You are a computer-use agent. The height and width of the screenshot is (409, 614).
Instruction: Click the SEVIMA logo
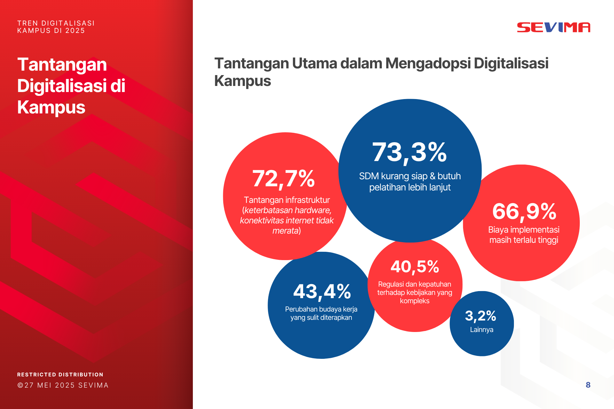554,27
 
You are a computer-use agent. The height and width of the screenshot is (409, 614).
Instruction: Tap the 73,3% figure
409,152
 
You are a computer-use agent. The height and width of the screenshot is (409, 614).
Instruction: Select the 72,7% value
283,179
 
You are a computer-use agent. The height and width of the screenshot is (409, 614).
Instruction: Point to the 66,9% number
524,212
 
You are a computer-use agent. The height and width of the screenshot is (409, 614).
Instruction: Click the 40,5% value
415,267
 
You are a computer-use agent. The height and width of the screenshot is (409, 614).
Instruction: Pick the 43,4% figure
322,292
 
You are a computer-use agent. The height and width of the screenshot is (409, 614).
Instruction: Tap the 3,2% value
480,316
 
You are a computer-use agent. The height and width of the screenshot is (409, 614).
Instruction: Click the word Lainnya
482,330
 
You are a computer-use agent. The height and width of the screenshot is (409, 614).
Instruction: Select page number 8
588,385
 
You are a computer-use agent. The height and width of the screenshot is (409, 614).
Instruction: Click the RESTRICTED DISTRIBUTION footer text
60,374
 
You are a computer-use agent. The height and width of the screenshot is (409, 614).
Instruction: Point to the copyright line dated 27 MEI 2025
63,385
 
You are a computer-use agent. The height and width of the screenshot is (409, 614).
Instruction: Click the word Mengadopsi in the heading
428,63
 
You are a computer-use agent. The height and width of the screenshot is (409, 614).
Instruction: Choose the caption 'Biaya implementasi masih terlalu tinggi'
523,235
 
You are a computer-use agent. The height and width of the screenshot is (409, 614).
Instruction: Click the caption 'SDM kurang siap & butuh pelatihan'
410,181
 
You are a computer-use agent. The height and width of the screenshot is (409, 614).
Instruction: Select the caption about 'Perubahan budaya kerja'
321,313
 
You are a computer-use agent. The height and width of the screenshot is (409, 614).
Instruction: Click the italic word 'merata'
285,231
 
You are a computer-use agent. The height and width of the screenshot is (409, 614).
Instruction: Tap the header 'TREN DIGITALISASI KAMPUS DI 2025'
56,27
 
